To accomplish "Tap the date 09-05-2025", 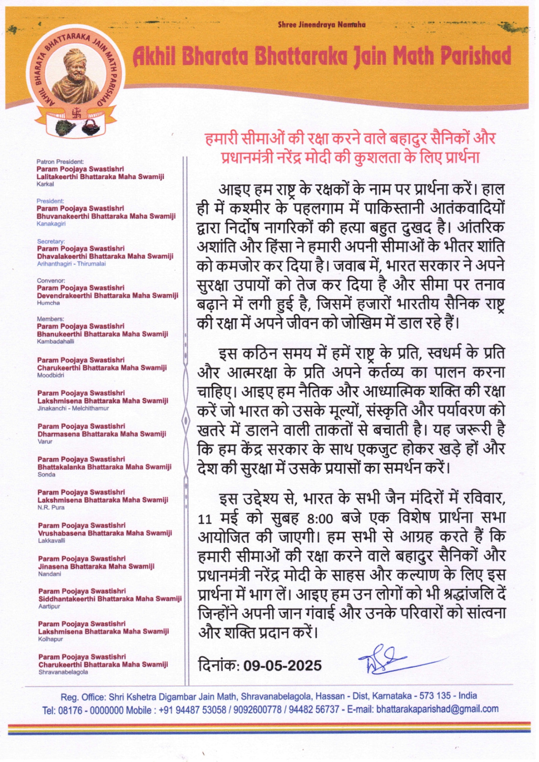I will pos(282,665).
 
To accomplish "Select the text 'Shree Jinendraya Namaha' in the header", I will pos(322,24).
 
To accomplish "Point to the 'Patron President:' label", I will pos(60,162).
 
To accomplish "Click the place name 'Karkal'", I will pos(45,184).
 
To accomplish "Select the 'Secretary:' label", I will pos(51,241).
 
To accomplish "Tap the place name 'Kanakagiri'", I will pos(51,223).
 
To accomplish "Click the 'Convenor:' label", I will pos(51,281).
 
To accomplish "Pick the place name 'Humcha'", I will pos(49,303).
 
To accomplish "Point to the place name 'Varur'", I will pos(45,441).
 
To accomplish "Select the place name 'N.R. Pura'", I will pos(51,508).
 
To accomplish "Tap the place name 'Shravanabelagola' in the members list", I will pos(63,672).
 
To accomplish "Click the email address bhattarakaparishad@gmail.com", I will pos(437,709).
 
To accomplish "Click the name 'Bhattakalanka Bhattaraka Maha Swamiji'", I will pos(104,467).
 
